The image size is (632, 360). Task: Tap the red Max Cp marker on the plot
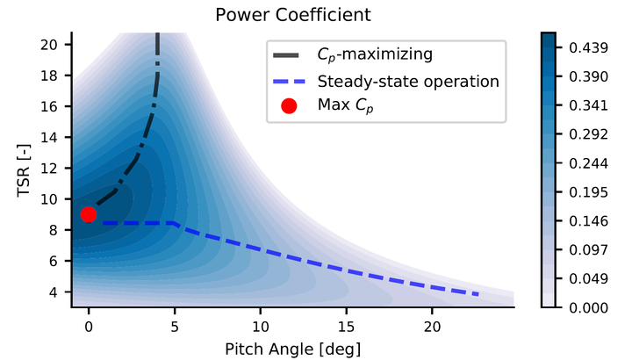88,214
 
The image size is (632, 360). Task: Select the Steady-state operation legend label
408,82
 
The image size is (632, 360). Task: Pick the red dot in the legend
289,105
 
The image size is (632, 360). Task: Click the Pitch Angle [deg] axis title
292,348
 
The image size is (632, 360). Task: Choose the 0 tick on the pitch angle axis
88,323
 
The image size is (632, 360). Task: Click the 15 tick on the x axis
346,323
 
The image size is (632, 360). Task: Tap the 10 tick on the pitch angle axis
260,323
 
